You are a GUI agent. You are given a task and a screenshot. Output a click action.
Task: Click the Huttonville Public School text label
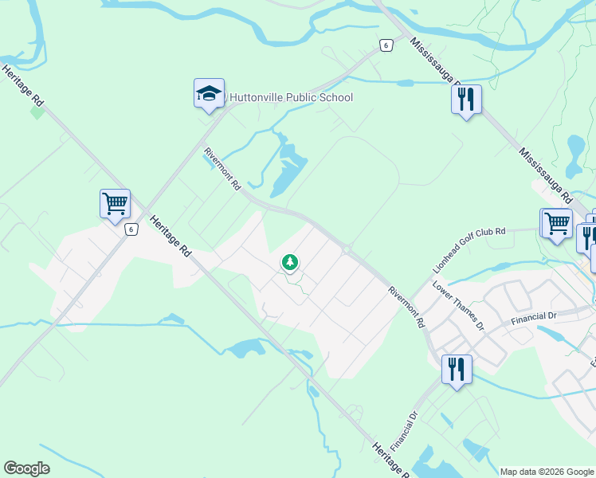click(291, 98)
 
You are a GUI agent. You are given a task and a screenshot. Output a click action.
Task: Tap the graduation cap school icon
click(209, 94)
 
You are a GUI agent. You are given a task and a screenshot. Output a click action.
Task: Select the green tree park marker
click(290, 262)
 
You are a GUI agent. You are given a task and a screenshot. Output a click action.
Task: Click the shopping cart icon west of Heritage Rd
click(115, 204)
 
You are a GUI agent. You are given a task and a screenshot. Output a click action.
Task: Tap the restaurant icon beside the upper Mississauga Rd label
click(466, 100)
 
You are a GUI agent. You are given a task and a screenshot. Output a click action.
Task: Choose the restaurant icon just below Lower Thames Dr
click(457, 370)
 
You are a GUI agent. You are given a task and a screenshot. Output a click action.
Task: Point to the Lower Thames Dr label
click(458, 305)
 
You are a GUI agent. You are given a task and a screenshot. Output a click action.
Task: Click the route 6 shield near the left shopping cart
click(132, 229)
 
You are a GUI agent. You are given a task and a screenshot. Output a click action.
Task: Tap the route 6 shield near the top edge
click(386, 45)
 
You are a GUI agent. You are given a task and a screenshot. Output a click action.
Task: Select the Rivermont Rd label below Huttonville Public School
click(222, 168)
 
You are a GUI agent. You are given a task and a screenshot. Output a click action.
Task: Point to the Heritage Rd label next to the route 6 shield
click(171, 237)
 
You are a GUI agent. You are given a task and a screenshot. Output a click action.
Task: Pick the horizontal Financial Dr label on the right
click(535, 319)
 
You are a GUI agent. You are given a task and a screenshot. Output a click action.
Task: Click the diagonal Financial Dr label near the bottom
click(406, 430)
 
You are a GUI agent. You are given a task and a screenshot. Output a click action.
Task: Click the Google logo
click(26, 468)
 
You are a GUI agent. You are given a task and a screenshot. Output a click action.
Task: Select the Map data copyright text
click(547, 472)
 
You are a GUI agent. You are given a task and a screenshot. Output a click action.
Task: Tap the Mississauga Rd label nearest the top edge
click(434, 62)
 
